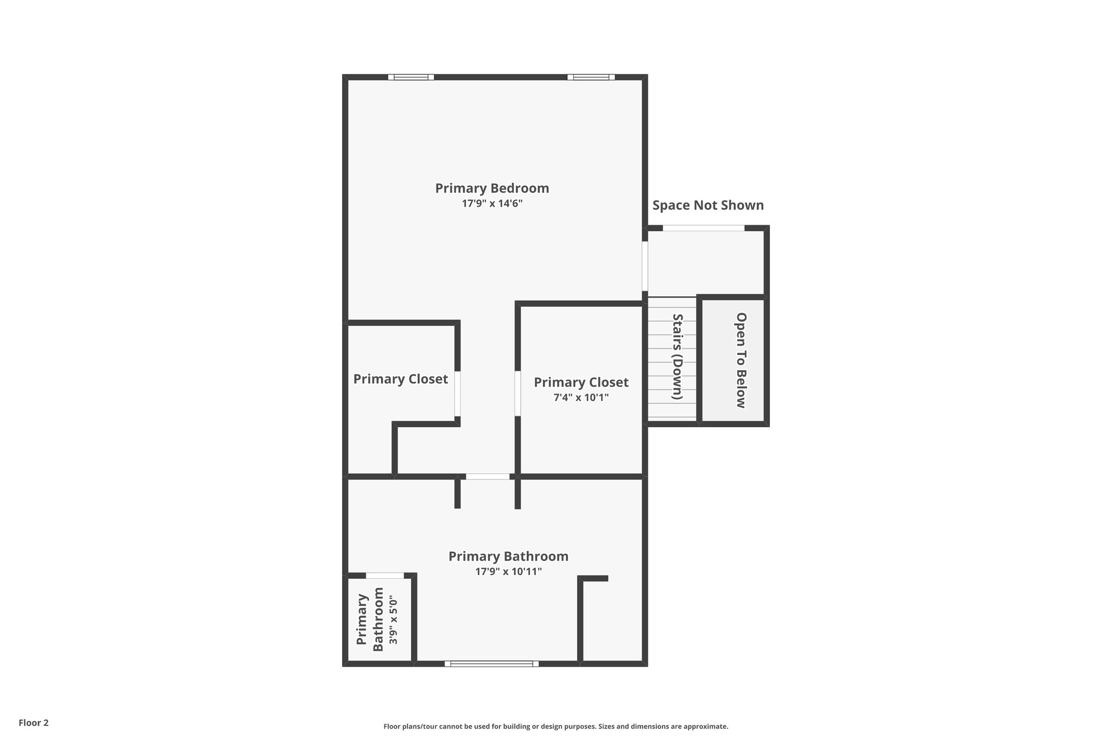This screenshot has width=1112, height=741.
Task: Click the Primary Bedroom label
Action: (492, 188)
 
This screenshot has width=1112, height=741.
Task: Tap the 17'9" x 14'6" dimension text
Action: (492, 204)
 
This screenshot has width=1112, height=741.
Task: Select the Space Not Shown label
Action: (707, 205)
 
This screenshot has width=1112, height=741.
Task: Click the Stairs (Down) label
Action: (677, 357)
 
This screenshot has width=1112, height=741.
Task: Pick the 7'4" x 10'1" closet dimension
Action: (581, 397)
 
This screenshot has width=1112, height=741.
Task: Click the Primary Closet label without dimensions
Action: (401, 379)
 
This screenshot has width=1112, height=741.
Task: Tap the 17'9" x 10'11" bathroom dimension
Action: (508, 572)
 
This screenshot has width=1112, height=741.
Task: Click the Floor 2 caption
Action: (34, 723)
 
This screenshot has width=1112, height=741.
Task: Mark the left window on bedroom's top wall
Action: (411, 77)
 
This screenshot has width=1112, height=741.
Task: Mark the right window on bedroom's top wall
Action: (591, 77)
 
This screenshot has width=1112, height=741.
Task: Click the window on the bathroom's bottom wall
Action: (491, 663)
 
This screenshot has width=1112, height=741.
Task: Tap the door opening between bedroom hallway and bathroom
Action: (488, 477)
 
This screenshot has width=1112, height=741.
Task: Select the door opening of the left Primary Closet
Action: (458, 394)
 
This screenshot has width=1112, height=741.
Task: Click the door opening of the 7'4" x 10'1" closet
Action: (517, 394)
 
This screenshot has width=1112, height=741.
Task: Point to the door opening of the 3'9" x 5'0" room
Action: (384, 575)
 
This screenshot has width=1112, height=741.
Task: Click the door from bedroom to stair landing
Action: (645, 266)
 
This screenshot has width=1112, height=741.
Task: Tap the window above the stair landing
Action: (703, 228)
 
